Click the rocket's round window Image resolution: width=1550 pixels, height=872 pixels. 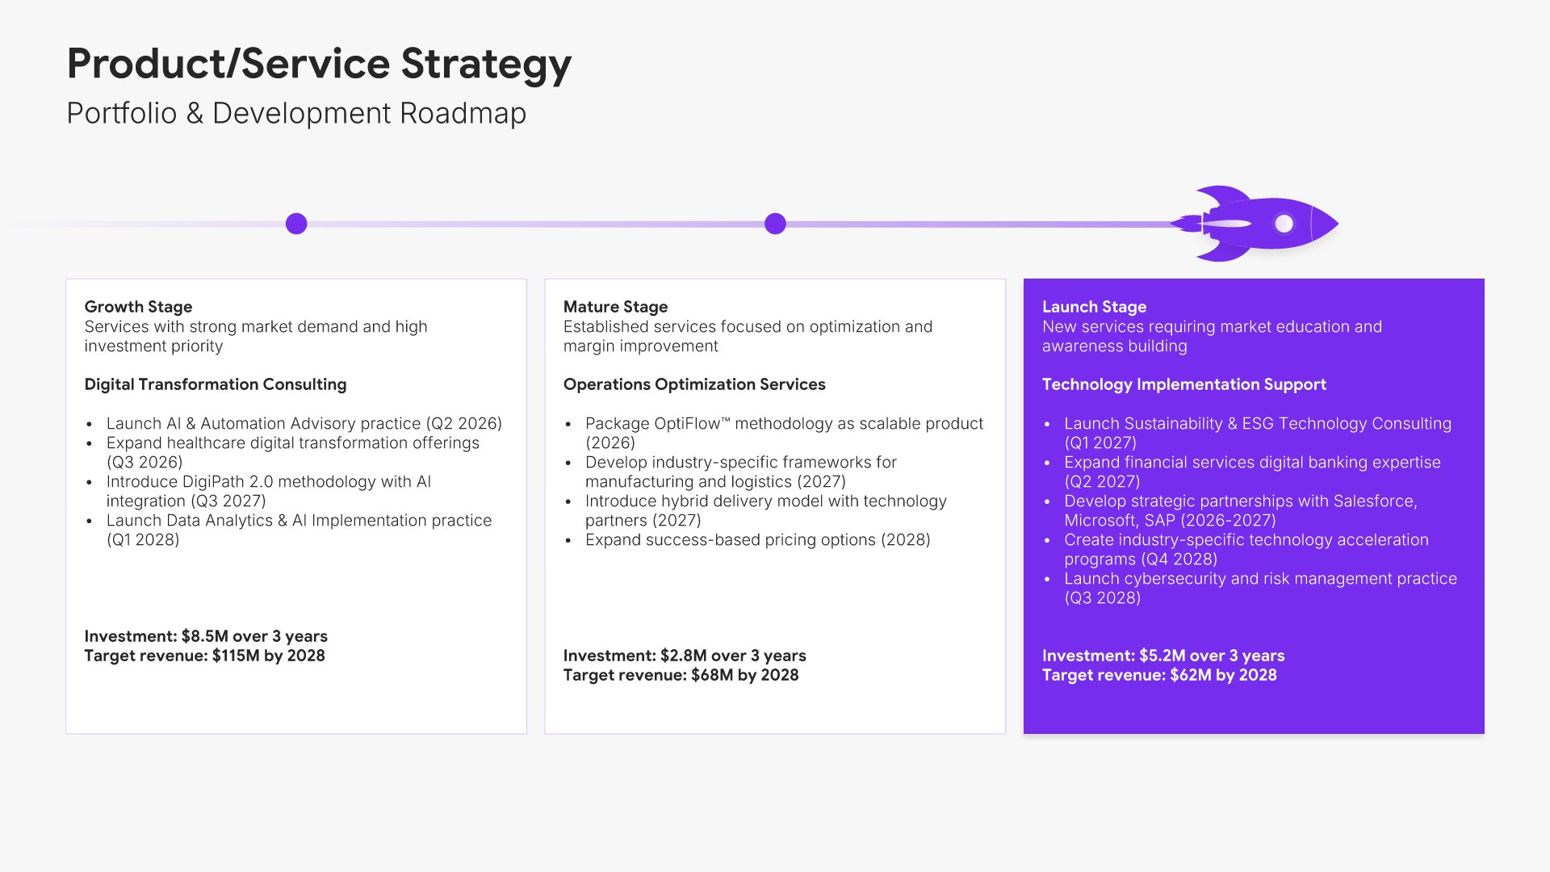pos(1284,224)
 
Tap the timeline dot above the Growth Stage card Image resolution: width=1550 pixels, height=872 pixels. pos(296,224)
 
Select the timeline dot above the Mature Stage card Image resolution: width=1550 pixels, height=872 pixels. pos(775,224)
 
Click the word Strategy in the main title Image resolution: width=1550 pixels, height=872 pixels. pos(486,65)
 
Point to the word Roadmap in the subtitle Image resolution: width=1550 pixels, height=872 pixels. pos(463,114)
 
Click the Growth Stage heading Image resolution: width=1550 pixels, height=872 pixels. pos(138,307)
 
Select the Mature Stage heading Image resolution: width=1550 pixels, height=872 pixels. pos(615,307)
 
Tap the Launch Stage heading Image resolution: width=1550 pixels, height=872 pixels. pos(1094,307)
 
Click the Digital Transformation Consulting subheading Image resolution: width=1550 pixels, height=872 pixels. pos(216,384)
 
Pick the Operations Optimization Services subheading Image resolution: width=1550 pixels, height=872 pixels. pos(694,384)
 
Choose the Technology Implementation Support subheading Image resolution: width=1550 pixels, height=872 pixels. pos(1184,384)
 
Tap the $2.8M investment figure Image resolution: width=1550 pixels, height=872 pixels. pos(684,656)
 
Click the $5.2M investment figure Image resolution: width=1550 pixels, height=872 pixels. pos(1162,656)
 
